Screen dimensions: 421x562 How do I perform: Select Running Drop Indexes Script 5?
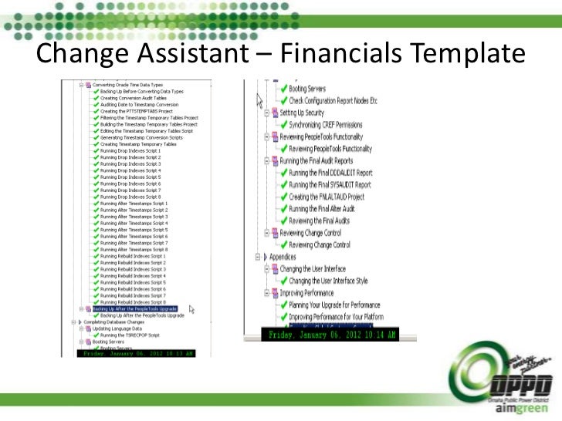(x=130, y=177)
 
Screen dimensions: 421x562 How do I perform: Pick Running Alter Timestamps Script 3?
(x=134, y=217)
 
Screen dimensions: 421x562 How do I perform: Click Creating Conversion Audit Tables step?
(x=133, y=98)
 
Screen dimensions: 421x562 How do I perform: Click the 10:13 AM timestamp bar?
(x=137, y=354)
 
